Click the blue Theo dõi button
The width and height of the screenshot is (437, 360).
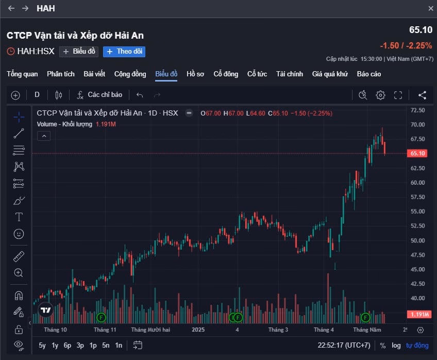124,51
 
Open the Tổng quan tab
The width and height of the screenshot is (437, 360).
22,74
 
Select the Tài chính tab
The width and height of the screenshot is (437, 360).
289,74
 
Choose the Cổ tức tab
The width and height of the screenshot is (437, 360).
257,74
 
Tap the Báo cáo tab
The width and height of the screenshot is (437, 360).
368,74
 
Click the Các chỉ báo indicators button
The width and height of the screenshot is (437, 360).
99,95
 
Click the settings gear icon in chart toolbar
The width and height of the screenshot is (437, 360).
380,95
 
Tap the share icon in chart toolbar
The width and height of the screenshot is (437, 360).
422,95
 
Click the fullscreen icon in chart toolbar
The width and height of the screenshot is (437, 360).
398,95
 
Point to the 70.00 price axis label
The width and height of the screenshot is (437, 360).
417,124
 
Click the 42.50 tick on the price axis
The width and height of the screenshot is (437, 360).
417,284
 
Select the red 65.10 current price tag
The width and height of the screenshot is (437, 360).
417,153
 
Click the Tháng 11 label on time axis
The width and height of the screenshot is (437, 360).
105,330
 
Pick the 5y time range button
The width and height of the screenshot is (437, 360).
42,346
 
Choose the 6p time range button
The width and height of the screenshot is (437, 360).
68,346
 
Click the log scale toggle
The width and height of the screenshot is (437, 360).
396,346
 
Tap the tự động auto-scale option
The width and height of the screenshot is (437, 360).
417,346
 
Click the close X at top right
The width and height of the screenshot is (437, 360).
431,8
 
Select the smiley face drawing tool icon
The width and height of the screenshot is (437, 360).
19,234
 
